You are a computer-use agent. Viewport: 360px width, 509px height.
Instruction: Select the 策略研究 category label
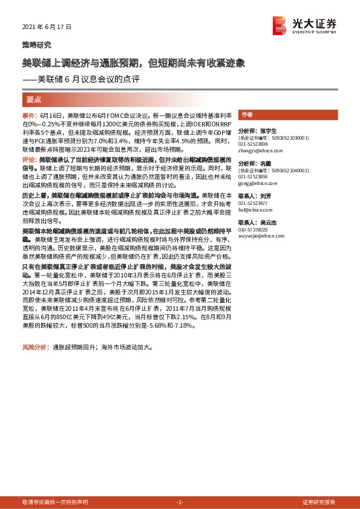tap(36, 45)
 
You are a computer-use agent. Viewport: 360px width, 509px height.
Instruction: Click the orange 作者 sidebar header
tap(246, 114)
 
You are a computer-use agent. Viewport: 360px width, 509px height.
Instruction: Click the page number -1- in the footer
tap(180, 502)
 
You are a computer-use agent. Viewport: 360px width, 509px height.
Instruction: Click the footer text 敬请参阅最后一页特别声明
tap(55, 502)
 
